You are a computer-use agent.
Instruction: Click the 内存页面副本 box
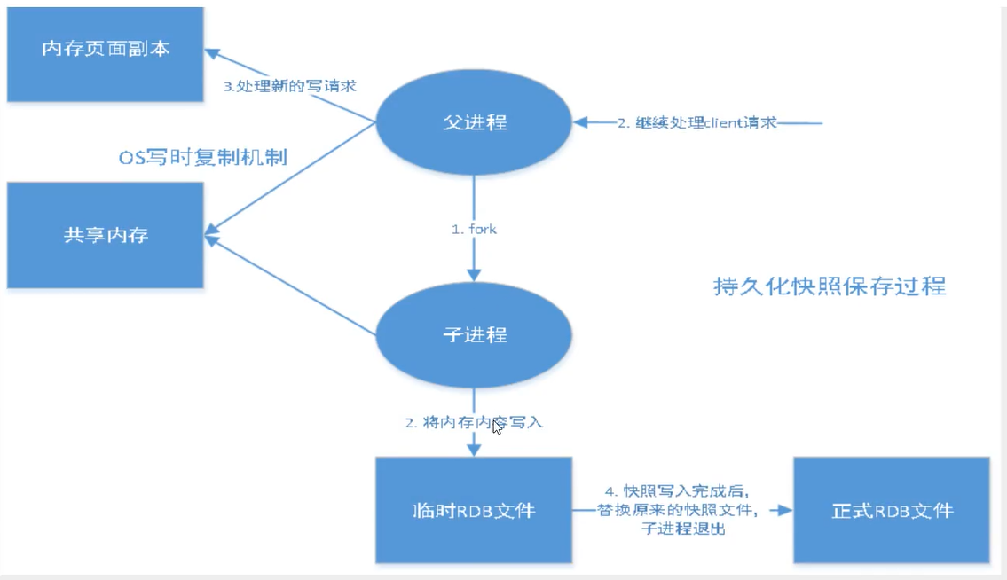[x=105, y=50]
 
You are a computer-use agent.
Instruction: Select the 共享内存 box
[x=105, y=236]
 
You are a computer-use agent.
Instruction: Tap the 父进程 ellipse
[x=474, y=122]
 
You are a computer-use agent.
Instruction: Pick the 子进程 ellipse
[x=474, y=335]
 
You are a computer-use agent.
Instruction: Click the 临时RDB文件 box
[x=474, y=511]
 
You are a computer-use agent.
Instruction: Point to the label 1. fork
[x=474, y=229]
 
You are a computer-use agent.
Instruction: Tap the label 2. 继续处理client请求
[x=697, y=122]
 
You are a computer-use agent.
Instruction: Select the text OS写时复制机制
[x=203, y=158]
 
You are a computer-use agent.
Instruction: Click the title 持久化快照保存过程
[x=830, y=286]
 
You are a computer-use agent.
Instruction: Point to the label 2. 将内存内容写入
[x=474, y=423]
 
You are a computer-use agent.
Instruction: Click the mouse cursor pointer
[x=497, y=426]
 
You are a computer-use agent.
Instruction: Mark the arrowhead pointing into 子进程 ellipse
[x=474, y=272]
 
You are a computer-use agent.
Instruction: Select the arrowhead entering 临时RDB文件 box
[x=474, y=450]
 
